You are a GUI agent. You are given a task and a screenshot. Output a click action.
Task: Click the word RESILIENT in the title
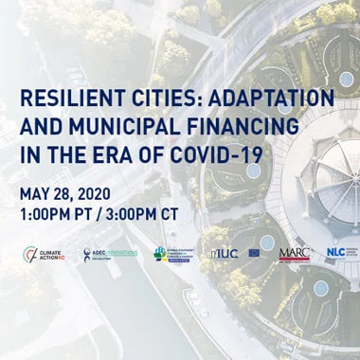(x=65, y=99)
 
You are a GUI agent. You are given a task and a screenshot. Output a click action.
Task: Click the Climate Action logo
(x=46, y=255)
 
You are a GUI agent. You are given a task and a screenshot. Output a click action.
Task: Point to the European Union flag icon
(x=255, y=254)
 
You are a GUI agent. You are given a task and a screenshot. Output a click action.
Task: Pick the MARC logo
(x=294, y=254)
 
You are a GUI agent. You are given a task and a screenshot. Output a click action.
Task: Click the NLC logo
(x=337, y=254)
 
